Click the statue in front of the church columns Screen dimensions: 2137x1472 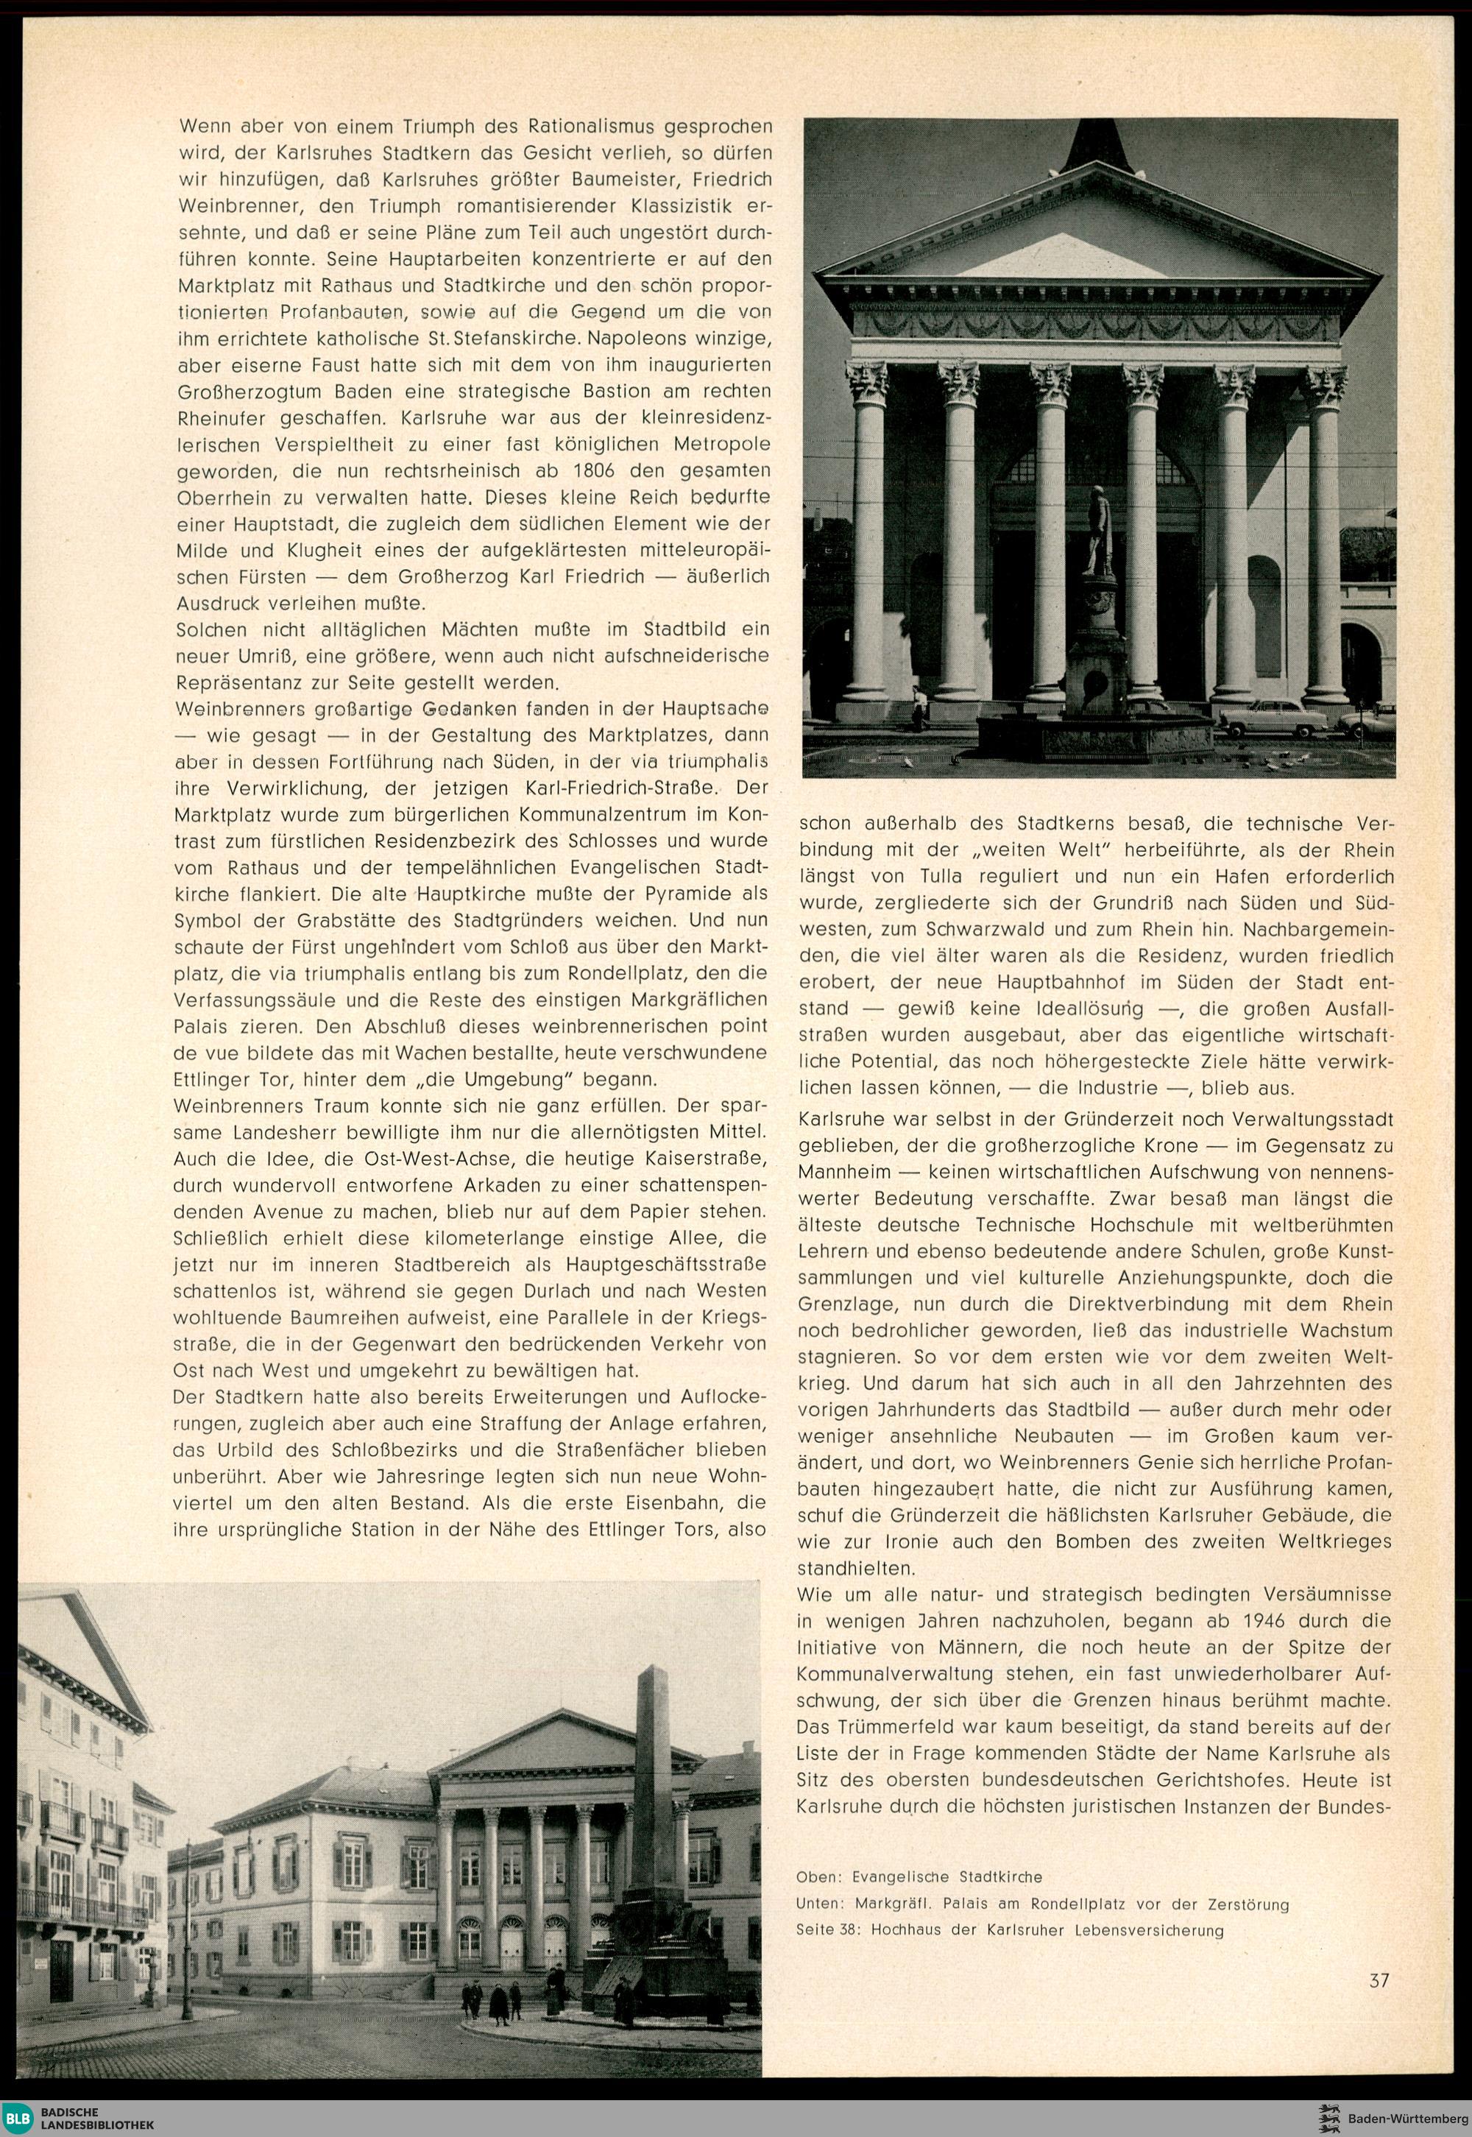[x=1097, y=530]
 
